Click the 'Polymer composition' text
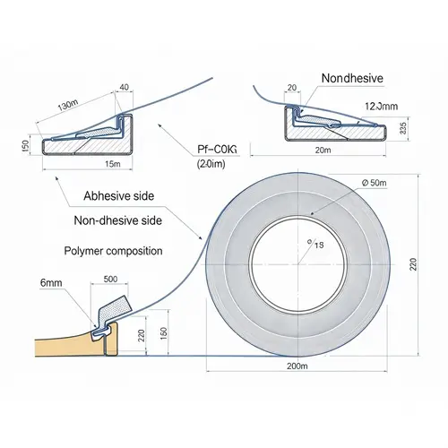(x=112, y=251)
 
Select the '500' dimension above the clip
(x=111, y=280)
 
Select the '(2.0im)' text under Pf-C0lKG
(x=212, y=164)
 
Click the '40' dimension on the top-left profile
(x=124, y=87)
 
